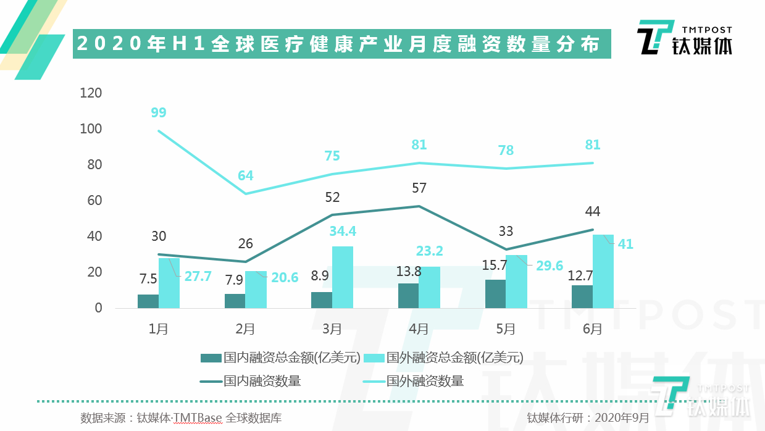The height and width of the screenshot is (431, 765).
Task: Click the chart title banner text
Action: pyautogui.click(x=338, y=44)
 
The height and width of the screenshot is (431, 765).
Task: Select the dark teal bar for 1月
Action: pyautogui.click(x=148, y=301)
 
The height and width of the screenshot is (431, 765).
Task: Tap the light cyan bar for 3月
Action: pyautogui.click(x=343, y=277)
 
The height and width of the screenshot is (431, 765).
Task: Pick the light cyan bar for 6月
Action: pyautogui.click(x=603, y=272)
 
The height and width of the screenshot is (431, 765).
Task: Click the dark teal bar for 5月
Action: pyautogui.click(x=495, y=294)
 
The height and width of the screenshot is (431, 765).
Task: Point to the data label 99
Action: pyautogui.click(x=159, y=113)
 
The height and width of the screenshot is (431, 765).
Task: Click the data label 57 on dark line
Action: pyautogui.click(x=419, y=188)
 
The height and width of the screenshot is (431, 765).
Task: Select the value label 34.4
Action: pyautogui.click(x=343, y=232)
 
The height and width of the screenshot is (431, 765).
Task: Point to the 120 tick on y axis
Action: pyautogui.click(x=91, y=93)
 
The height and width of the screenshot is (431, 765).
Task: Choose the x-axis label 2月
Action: pyautogui.click(x=245, y=328)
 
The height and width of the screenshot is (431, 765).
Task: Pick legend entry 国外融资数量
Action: pyautogui.click(x=425, y=381)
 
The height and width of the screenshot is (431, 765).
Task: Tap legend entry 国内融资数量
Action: pyautogui.click(x=262, y=381)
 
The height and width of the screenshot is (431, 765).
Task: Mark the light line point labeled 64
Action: pyautogui.click(x=246, y=194)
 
